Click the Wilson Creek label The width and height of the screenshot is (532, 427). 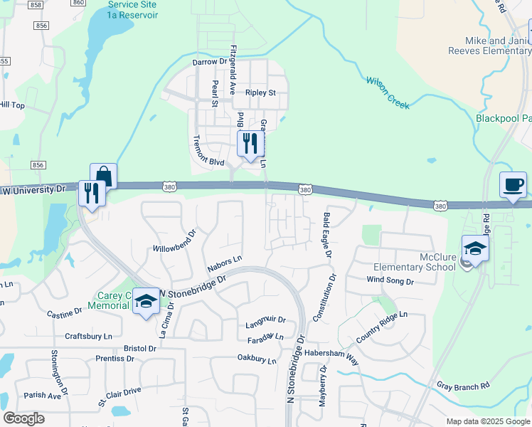pyautogui.click(x=388, y=93)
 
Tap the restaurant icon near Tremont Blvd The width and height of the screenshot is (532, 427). pyautogui.click(x=248, y=144)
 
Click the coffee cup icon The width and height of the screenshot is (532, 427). pyautogui.click(x=513, y=184)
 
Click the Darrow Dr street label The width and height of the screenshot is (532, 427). pyautogui.click(x=209, y=63)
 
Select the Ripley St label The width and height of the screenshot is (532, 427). pyautogui.click(x=260, y=93)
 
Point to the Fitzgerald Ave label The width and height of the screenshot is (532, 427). pyautogui.click(x=233, y=70)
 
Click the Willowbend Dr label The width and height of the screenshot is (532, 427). pyautogui.click(x=174, y=242)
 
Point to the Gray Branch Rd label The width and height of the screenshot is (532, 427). pyautogui.click(x=464, y=386)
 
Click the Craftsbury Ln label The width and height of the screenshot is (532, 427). pyautogui.click(x=89, y=336)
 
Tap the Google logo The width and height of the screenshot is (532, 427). pyautogui.click(x=23, y=418)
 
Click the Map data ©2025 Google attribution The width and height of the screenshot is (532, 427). pyautogui.click(x=487, y=421)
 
